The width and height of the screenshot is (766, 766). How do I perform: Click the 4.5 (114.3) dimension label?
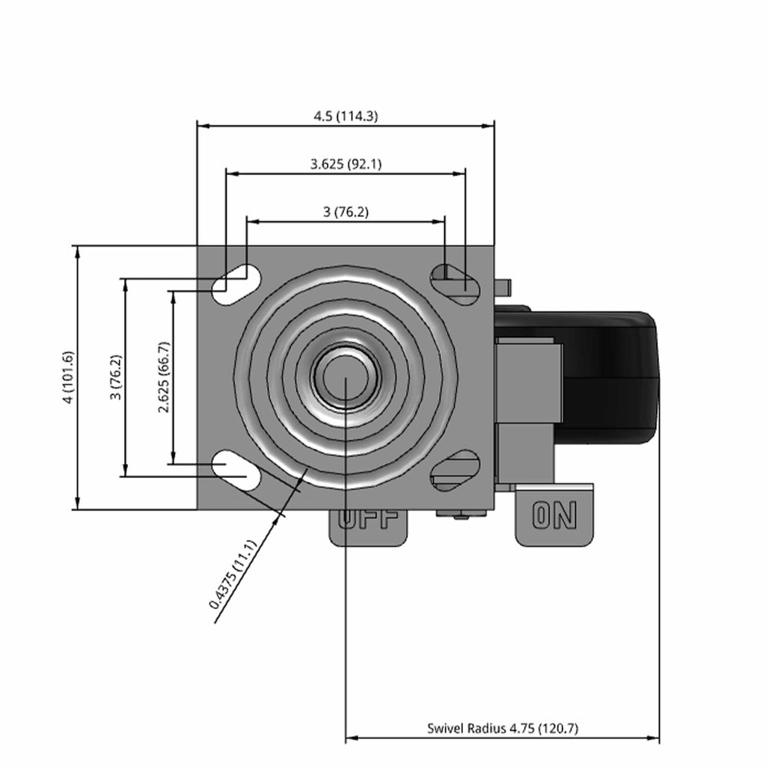click(346, 116)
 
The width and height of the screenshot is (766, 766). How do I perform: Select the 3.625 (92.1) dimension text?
click(346, 164)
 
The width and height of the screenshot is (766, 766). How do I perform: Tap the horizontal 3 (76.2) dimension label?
click(346, 212)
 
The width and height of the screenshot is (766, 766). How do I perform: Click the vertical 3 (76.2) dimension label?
click(116, 377)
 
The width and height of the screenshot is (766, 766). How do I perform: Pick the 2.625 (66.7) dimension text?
click(164, 377)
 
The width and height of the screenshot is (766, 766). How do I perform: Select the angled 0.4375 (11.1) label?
click(233, 574)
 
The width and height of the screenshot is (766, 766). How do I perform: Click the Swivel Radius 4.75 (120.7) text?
click(503, 729)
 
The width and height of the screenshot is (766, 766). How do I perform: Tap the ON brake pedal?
click(554, 515)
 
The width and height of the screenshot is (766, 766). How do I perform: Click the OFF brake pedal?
click(368, 527)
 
